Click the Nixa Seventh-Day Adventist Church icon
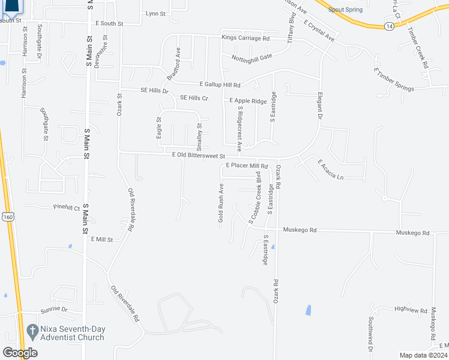pos(32,329)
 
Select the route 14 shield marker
pos(390,26)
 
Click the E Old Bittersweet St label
pos(198,155)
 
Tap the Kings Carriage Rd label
pos(246,38)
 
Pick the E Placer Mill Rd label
pos(246,166)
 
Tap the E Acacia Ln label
pos(331,170)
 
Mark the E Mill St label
pos(102,239)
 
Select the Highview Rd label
pos(409,308)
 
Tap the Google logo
pos(20,352)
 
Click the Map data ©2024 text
pos(424,355)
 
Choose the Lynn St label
pos(155,13)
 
